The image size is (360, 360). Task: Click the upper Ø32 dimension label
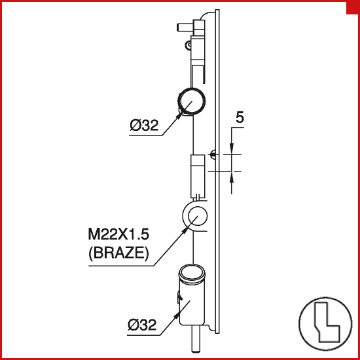pos(144,126)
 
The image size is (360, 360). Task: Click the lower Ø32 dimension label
pos(142,325)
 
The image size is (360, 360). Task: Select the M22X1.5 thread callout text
pos(118,235)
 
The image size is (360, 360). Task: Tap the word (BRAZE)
pos(118,253)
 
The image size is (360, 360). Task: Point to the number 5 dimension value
pos(240,118)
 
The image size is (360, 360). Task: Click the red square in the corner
pos(353,8)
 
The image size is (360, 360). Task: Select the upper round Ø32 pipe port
pos(192,101)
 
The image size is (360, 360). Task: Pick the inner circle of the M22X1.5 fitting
pos(198,216)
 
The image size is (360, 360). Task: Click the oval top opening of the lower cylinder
pos(192,273)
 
